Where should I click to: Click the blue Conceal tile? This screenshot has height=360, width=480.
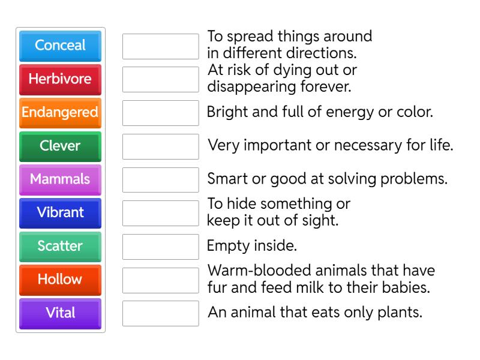point(60,46)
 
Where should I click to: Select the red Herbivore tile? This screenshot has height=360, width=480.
point(60,79)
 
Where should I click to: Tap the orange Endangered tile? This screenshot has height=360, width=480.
point(60,112)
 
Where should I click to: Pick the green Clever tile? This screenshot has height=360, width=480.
point(60,146)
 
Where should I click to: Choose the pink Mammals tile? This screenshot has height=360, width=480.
point(60,179)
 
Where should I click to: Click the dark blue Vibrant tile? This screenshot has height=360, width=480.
point(60,213)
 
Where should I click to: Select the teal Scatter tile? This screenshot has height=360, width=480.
point(60,246)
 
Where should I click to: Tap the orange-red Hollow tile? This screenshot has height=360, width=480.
point(60,280)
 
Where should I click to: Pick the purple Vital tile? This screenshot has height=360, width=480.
point(60,313)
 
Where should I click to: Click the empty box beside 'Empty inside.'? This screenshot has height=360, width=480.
point(160,246)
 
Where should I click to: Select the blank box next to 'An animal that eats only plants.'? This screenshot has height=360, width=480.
point(160,313)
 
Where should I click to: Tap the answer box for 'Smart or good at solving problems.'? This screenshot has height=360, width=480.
point(160,179)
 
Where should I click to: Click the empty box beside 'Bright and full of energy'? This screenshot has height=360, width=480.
point(160,113)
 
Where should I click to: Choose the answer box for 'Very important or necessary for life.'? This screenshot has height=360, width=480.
point(160,146)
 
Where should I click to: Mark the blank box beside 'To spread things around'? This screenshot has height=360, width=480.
point(160,46)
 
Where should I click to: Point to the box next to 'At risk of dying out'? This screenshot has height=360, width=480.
point(160,79)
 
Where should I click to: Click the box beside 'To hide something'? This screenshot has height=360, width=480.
point(160,213)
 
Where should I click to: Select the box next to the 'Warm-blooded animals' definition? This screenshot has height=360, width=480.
point(160,280)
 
